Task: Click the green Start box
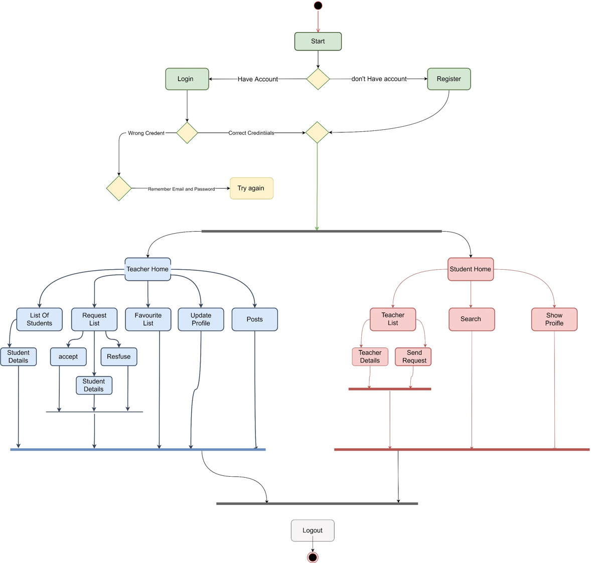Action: click(318, 42)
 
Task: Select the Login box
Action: click(187, 79)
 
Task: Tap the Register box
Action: click(449, 79)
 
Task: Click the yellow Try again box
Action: click(251, 189)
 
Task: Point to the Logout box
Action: click(313, 530)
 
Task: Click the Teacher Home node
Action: click(147, 269)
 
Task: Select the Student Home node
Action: click(471, 269)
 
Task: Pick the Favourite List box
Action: click(148, 319)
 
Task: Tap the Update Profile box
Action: click(201, 319)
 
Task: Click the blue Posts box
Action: click(254, 319)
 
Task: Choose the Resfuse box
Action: click(119, 357)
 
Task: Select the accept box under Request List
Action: click(68, 357)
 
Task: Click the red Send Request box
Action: click(413, 357)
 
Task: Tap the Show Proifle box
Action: click(554, 319)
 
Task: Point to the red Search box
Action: click(471, 319)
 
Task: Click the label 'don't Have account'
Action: click(379, 79)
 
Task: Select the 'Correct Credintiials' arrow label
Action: click(251, 133)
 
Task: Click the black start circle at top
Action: click(318, 6)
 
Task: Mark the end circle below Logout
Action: click(313, 557)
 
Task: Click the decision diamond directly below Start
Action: click(318, 79)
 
